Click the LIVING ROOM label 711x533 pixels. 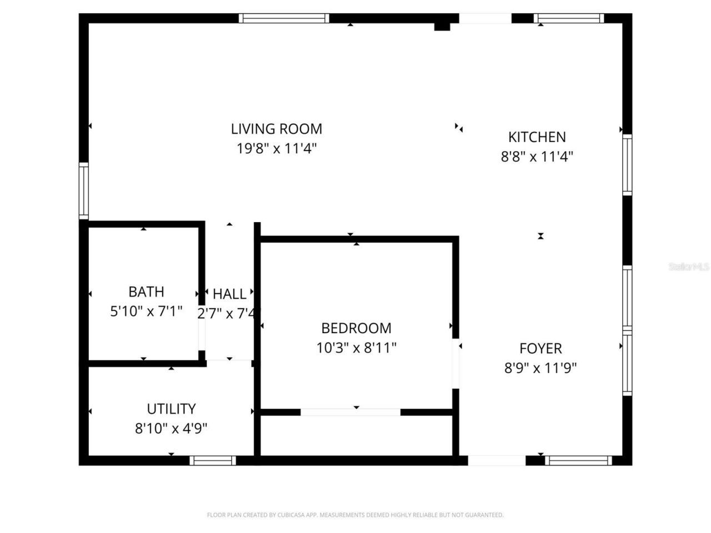pyautogui.click(x=276, y=129)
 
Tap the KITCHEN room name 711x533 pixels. pyautogui.click(x=537, y=137)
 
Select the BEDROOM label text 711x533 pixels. pyautogui.click(x=356, y=328)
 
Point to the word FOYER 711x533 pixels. pyautogui.click(x=540, y=348)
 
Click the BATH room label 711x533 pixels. pyautogui.click(x=146, y=291)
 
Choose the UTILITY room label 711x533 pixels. pyautogui.click(x=171, y=409)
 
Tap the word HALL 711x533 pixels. pyautogui.click(x=229, y=294)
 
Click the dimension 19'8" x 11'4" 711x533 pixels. pyautogui.click(x=276, y=148)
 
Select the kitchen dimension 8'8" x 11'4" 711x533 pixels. pyautogui.click(x=537, y=156)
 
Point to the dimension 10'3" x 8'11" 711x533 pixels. pyautogui.click(x=356, y=348)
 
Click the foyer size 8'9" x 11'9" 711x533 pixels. pyautogui.click(x=540, y=368)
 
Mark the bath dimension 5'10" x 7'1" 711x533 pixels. pyautogui.click(x=146, y=311)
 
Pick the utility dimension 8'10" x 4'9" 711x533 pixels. pyautogui.click(x=171, y=428)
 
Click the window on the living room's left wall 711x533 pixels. pyautogui.click(x=83, y=190)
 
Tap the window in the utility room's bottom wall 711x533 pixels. pyautogui.click(x=213, y=460)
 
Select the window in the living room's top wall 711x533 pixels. pyautogui.click(x=284, y=18)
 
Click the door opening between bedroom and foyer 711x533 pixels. pyautogui.click(x=455, y=364)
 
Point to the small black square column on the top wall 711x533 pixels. pyautogui.click(x=442, y=26)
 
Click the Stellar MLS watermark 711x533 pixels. pyautogui.click(x=688, y=266)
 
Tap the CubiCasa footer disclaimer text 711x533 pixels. pyautogui.click(x=355, y=515)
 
